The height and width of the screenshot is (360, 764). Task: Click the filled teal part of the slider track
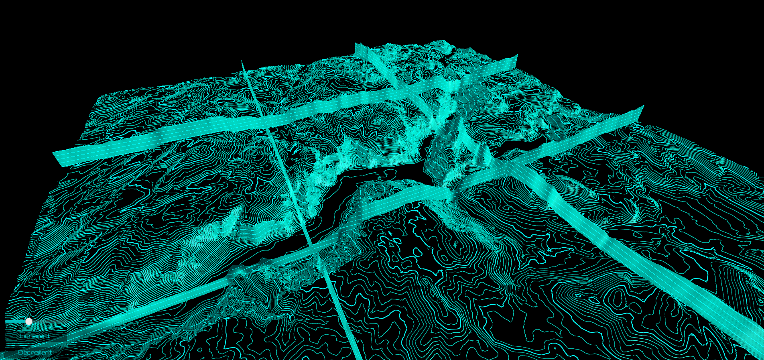(16, 321)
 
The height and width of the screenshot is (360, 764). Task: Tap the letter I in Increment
(21, 336)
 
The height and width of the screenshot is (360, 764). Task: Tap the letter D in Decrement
(20, 352)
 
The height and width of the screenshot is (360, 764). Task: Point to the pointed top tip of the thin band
(242, 61)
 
